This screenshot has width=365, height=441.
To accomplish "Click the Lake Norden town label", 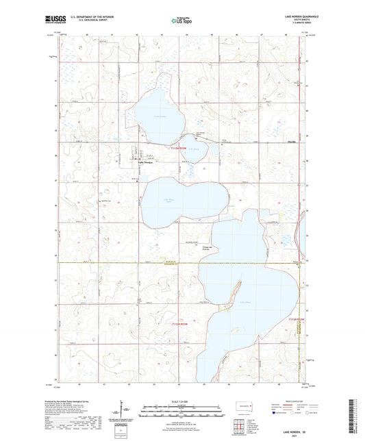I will point(147,163).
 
